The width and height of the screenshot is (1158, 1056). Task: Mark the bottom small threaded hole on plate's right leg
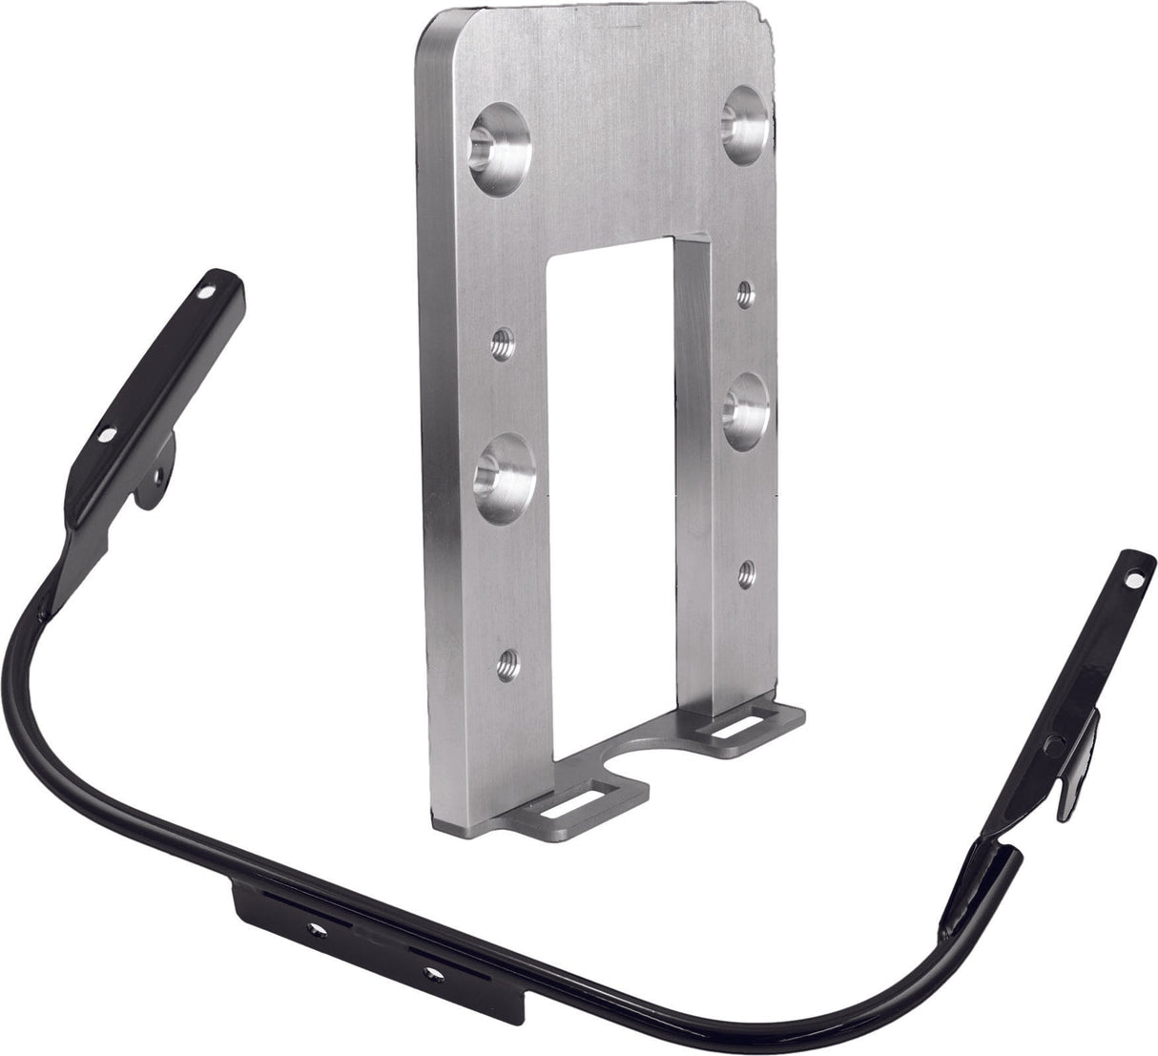coord(748,573)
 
